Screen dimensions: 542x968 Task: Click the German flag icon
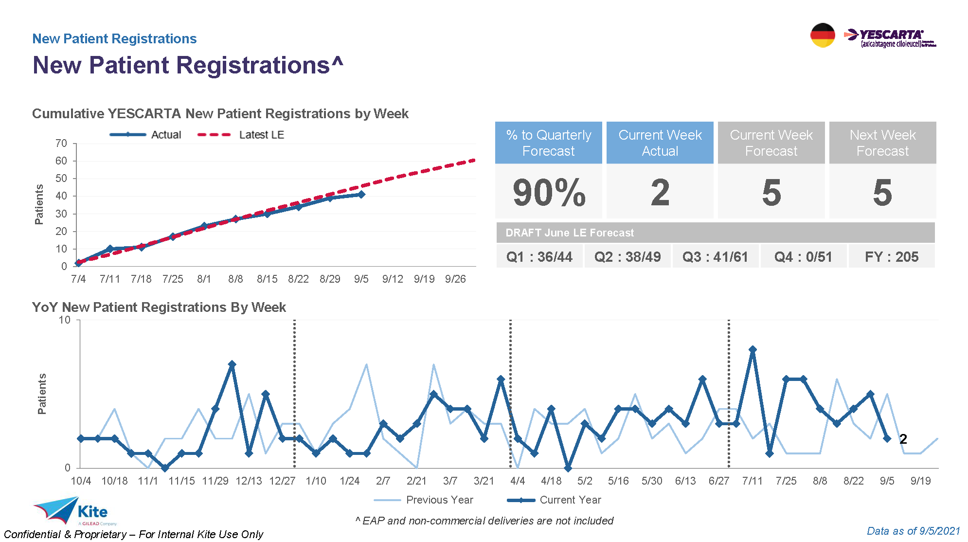823,35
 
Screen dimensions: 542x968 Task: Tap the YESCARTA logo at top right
890,37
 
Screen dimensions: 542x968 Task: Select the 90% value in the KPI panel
549,193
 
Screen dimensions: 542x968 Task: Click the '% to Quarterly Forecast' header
549,143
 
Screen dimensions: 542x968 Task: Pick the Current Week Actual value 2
660,193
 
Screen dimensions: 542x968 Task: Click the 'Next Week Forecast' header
882,143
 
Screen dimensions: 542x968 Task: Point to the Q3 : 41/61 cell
715,257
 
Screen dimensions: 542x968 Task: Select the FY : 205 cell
892,257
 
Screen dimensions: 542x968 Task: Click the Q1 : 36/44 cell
539,257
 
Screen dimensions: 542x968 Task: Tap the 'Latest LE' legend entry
261,135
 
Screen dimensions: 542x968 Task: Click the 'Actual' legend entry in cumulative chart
166,135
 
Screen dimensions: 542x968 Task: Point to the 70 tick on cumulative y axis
61,144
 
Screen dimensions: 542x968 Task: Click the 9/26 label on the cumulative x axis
455,279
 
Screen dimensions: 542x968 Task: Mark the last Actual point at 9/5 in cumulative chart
361,195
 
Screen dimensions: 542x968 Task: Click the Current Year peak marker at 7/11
753,350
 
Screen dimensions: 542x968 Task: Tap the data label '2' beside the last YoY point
903,439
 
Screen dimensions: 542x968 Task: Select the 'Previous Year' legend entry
439,500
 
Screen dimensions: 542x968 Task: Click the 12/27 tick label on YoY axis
282,481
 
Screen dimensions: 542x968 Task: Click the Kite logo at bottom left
73,511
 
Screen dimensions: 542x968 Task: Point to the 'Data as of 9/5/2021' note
914,531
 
